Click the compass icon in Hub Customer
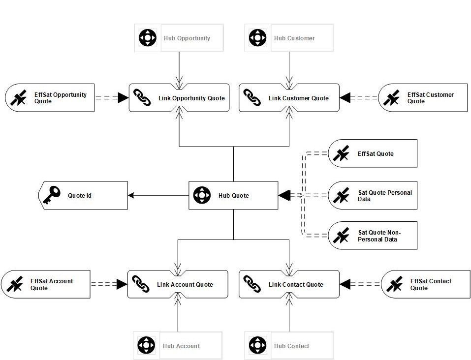point(257,38)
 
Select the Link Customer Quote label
point(298,98)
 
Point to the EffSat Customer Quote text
point(430,98)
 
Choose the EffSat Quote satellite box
point(373,153)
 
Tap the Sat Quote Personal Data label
point(385,196)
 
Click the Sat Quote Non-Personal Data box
point(373,236)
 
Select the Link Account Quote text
point(185,284)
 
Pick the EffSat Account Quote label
point(51,284)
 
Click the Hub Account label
point(181,346)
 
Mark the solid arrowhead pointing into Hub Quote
point(284,195)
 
